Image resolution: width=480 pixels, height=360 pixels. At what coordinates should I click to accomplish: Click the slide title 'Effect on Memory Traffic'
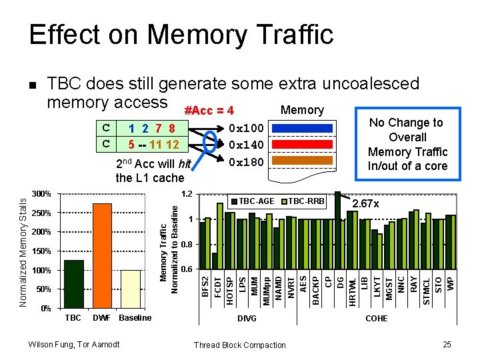pos(181,34)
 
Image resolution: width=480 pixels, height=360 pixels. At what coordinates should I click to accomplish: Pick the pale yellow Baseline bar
pos(131,289)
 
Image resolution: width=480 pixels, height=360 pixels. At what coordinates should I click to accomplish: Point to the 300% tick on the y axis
pos(41,194)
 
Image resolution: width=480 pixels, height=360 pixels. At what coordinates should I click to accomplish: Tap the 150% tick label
pos(41,251)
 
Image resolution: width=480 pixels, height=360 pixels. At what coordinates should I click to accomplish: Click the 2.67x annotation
pos(365,204)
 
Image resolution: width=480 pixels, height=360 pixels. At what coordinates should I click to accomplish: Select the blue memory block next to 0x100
pos(300,127)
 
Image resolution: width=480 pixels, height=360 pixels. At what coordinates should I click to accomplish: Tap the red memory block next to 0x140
pos(300,145)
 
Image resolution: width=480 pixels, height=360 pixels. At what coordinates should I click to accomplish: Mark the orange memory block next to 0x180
pos(300,161)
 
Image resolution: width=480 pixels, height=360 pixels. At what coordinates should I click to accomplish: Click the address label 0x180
pos(246,162)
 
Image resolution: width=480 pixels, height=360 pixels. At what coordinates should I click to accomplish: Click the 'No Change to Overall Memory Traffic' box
pos(407,144)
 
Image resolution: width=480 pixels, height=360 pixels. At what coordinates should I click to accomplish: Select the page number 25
pos(447,344)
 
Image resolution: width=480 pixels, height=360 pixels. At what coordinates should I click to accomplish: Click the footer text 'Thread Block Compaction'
pos(239,345)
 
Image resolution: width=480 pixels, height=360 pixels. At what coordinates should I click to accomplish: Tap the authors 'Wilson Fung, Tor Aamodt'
pos(74,344)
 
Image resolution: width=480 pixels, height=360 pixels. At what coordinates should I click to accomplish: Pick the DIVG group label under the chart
pos(247,319)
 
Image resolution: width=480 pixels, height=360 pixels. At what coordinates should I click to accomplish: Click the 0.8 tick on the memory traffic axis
pos(187,245)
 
